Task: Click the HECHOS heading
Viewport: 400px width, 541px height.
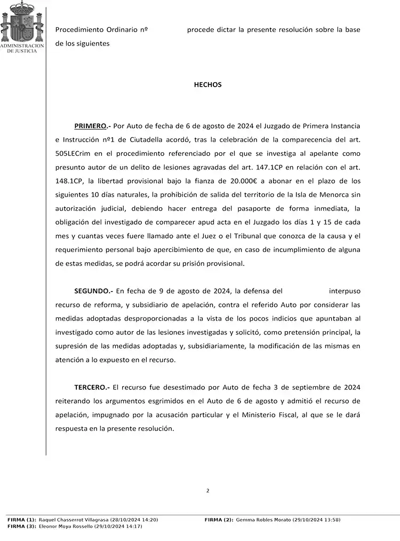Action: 207,85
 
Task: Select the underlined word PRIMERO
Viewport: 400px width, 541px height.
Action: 91,126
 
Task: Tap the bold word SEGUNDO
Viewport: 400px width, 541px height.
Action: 93,291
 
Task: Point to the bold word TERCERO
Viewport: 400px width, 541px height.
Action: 92,387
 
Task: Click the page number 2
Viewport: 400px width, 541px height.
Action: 207,490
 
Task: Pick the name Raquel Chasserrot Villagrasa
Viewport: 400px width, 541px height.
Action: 74,520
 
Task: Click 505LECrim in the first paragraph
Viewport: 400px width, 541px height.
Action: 72,154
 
